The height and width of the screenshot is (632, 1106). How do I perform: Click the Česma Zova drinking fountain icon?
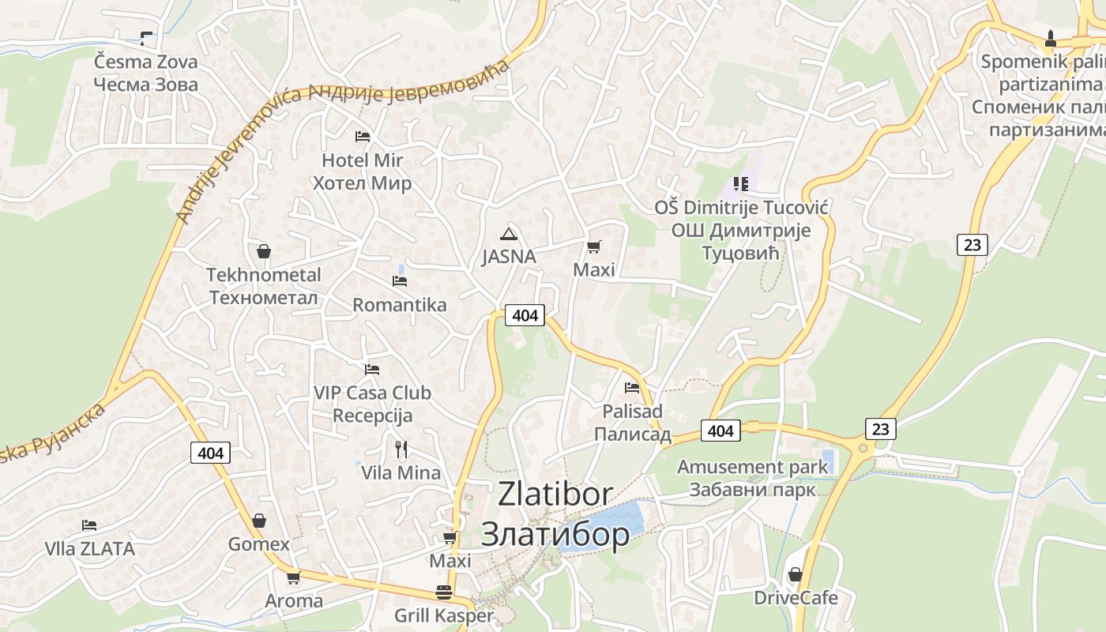pos(145,37)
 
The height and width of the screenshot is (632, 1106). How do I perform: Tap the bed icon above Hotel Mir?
pos(362,137)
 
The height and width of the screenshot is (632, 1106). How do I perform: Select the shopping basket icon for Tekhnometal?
pos(264,251)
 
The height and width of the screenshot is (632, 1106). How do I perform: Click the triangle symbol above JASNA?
pos(509,233)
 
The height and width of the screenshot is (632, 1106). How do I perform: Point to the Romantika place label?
pos(399,304)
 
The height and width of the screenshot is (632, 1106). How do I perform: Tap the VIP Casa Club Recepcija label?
pos(372,404)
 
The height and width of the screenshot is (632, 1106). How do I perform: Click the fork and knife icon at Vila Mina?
pos(401,450)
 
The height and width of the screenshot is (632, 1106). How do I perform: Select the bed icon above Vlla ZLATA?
pos(89,525)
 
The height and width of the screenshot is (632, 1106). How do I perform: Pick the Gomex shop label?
pos(259,544)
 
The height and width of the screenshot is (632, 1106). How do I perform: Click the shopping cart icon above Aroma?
pos(293,577)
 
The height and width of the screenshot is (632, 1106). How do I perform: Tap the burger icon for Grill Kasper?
pos(444,592)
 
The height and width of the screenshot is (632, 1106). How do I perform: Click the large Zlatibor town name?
pos(555,513)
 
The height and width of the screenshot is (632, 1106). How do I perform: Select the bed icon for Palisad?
pos(631,388)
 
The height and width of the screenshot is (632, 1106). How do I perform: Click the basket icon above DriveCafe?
pos(796,574)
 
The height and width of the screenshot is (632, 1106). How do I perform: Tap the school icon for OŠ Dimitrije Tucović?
pos(740,184)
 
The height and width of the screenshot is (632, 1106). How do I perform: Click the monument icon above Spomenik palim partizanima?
pos(1050,37)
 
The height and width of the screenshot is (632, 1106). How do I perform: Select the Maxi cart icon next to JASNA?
pos(593,246)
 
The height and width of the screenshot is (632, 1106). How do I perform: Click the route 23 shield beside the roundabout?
pos(881,429)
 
